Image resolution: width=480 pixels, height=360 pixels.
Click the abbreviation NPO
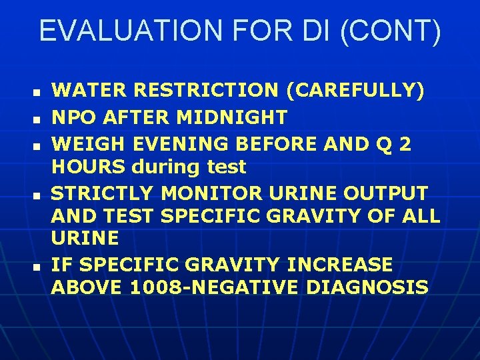pos(72,118)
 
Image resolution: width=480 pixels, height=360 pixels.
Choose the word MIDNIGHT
pos(232,118)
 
